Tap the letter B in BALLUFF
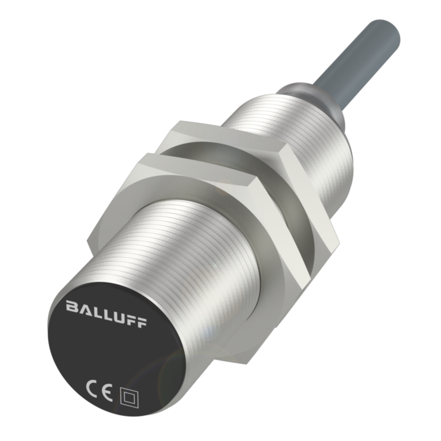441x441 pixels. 71,306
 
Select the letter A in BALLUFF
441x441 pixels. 83,309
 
